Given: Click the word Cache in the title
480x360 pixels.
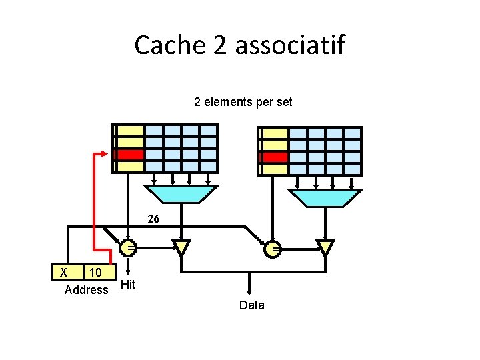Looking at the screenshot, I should [x=162, y=45].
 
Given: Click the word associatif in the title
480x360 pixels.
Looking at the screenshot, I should [x=290, y=45].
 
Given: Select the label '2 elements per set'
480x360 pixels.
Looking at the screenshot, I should [x=243, y=103].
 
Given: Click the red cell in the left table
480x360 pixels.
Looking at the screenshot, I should [x=130, y=154].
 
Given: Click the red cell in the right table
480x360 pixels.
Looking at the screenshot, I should [x=274, y=157].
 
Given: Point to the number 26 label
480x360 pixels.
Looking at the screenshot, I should [x=153, y=219].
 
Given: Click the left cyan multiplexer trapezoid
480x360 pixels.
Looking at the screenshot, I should [x=181, y=193].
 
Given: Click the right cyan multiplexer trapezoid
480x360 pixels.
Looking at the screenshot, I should [x=326, y=197].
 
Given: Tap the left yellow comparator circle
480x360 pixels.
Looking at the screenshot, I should [x=129, y=248].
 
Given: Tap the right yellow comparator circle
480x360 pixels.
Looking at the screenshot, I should [x=273, y=249].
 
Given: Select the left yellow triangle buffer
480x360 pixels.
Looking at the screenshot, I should [x=181, y=248].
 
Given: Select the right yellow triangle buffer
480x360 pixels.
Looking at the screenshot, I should [x=325, y=248].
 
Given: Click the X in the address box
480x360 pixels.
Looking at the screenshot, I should [x=63, y=272].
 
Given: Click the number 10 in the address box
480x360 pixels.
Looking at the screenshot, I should [x=95, y=272].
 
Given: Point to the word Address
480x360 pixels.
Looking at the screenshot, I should [x=86, y=290].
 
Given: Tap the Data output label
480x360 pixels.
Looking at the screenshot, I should [x=251, y=305].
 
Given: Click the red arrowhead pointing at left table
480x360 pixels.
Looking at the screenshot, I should [x=105, y=153].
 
